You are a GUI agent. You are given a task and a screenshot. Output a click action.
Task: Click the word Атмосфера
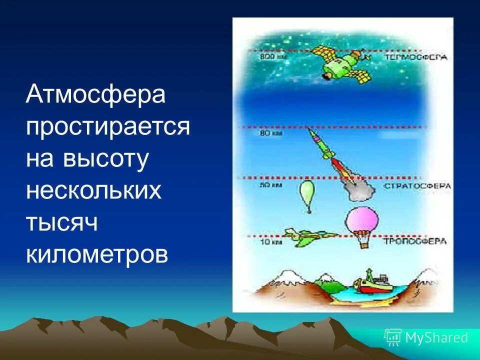pos(95,94)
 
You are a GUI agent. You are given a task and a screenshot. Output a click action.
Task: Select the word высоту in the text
pos(106,159)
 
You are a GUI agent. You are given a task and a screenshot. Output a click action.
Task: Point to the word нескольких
pos(93,191)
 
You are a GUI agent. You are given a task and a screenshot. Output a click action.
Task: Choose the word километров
pos(97,255)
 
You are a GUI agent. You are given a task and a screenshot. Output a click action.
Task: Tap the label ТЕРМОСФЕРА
pos(416,57)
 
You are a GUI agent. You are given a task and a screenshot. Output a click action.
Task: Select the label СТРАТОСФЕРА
pos(417,186)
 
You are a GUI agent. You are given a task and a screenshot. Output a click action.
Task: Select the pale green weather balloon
pos(306,193)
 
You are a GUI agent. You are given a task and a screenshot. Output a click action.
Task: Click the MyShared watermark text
pos(435,337)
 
